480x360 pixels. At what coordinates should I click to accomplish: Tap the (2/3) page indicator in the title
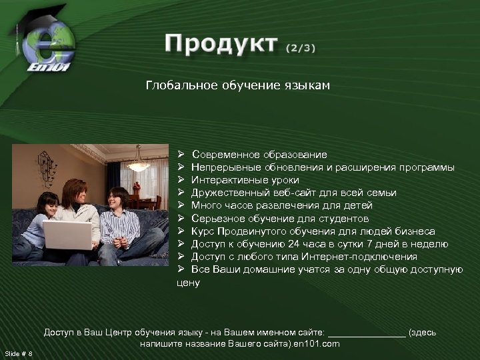301,48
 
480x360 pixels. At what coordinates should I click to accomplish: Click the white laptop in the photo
67,235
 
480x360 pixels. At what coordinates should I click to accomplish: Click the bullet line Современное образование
259,155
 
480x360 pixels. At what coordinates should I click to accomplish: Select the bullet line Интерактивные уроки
245,180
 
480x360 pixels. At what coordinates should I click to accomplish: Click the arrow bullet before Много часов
180,205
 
